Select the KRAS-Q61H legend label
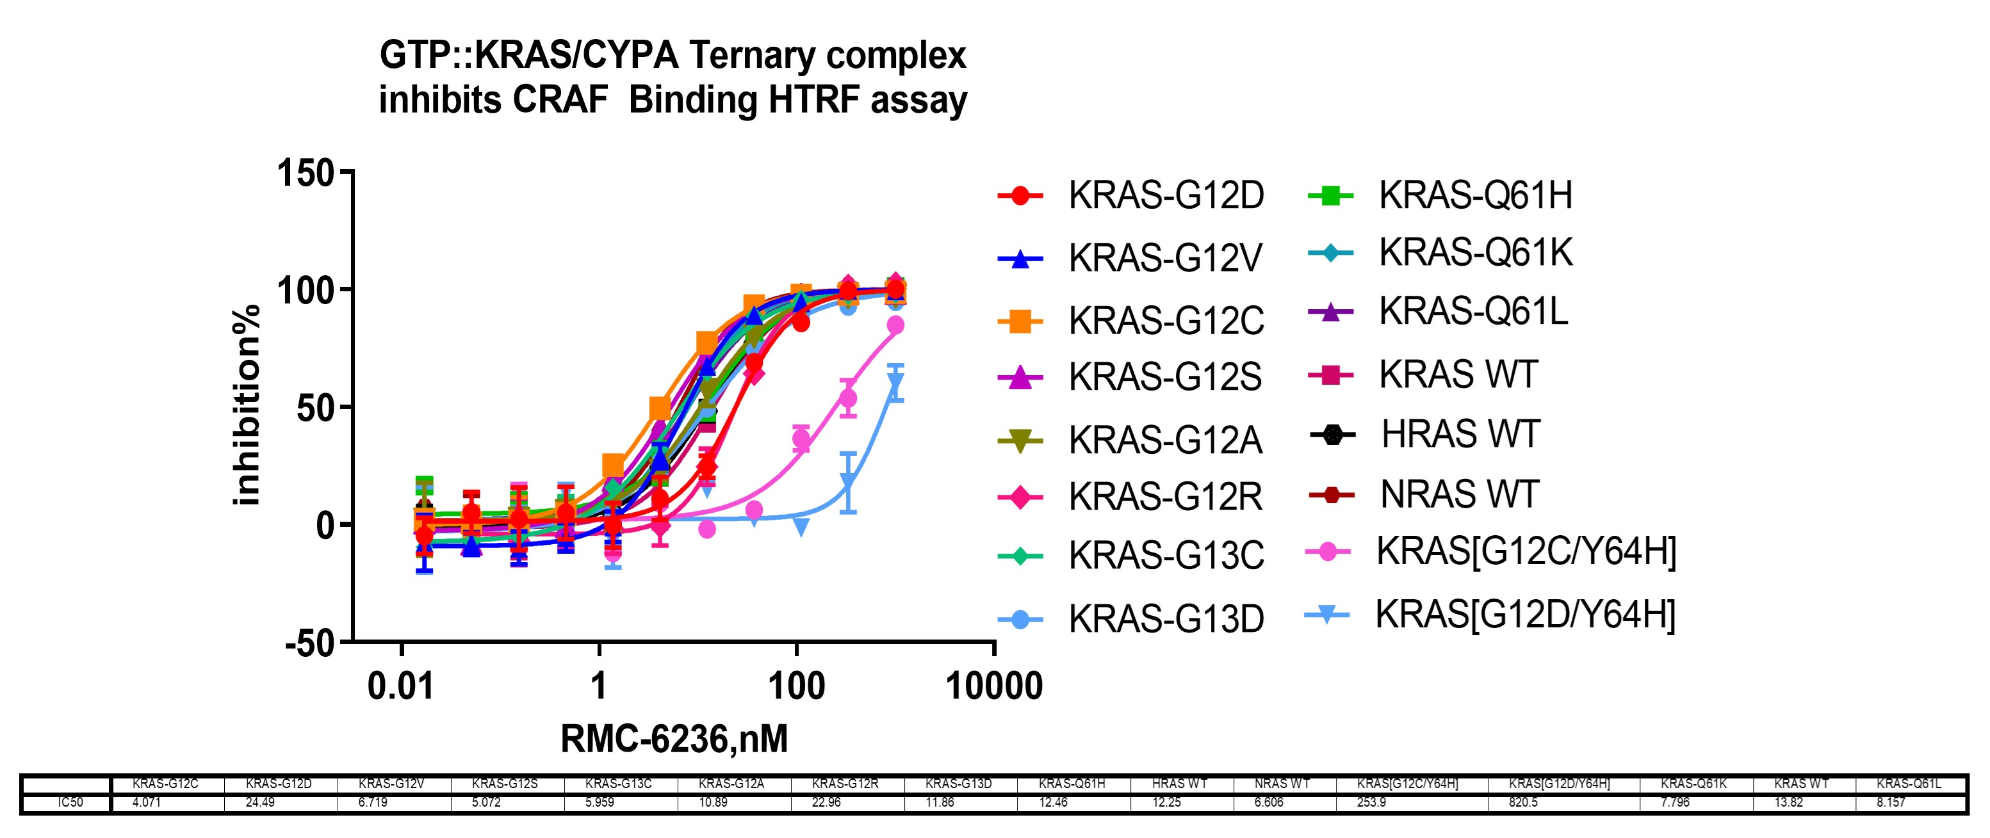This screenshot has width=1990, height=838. (x=1475, y=195)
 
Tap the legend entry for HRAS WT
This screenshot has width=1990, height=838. (x=1460, y=435)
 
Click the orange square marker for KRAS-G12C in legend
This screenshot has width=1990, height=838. (x=1020, y=321)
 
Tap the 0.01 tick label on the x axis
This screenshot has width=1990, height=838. (x=400, y=686)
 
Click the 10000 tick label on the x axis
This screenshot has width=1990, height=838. (x=993, y=686)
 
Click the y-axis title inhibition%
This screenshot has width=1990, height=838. (x=247, y=405)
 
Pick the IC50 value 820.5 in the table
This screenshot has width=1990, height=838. (x=1522, y=803)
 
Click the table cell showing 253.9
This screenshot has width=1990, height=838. (x=1371, y=803)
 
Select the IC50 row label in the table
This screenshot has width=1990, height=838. (x=70, y=803)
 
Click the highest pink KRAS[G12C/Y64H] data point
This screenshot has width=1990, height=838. (x=895, y=325)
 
